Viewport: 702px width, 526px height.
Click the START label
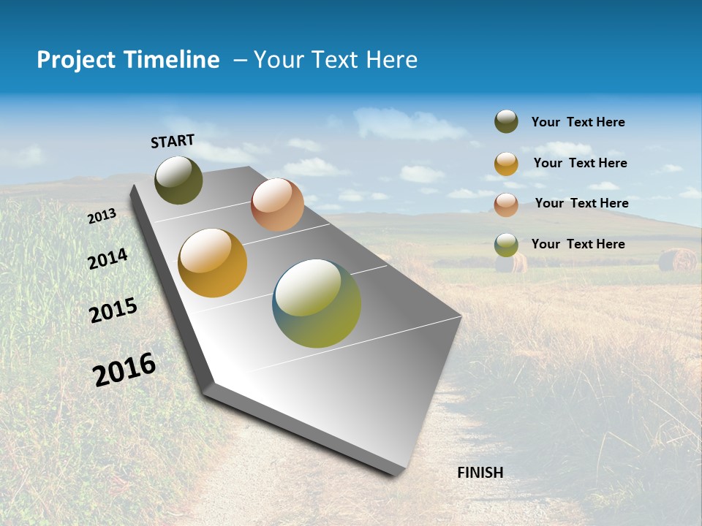coord(173,141)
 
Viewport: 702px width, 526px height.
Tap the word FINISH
coord(480,473)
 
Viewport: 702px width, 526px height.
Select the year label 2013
coord(102,216)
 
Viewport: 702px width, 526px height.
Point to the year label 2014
coord(107,259)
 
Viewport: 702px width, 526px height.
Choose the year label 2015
coord(113,310)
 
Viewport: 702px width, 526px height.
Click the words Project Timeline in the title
coord(128,60)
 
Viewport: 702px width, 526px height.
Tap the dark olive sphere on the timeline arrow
coord(178,180)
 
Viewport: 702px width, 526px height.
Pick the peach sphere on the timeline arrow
coord(277,205)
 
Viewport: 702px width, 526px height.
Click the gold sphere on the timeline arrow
coord(212,263)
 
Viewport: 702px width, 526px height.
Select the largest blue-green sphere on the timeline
coord(317,303)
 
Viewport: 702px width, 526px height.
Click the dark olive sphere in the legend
coord(506,121)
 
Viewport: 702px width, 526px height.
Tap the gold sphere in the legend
coord(506,164)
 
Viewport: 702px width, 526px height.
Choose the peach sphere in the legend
coord(506,205)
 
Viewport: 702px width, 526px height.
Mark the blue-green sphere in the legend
coord(506,245)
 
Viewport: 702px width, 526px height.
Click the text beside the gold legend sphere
coord(580,163)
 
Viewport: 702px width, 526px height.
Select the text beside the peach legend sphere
coord(581,203)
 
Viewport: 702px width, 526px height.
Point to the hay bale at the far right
coord(677,259)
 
